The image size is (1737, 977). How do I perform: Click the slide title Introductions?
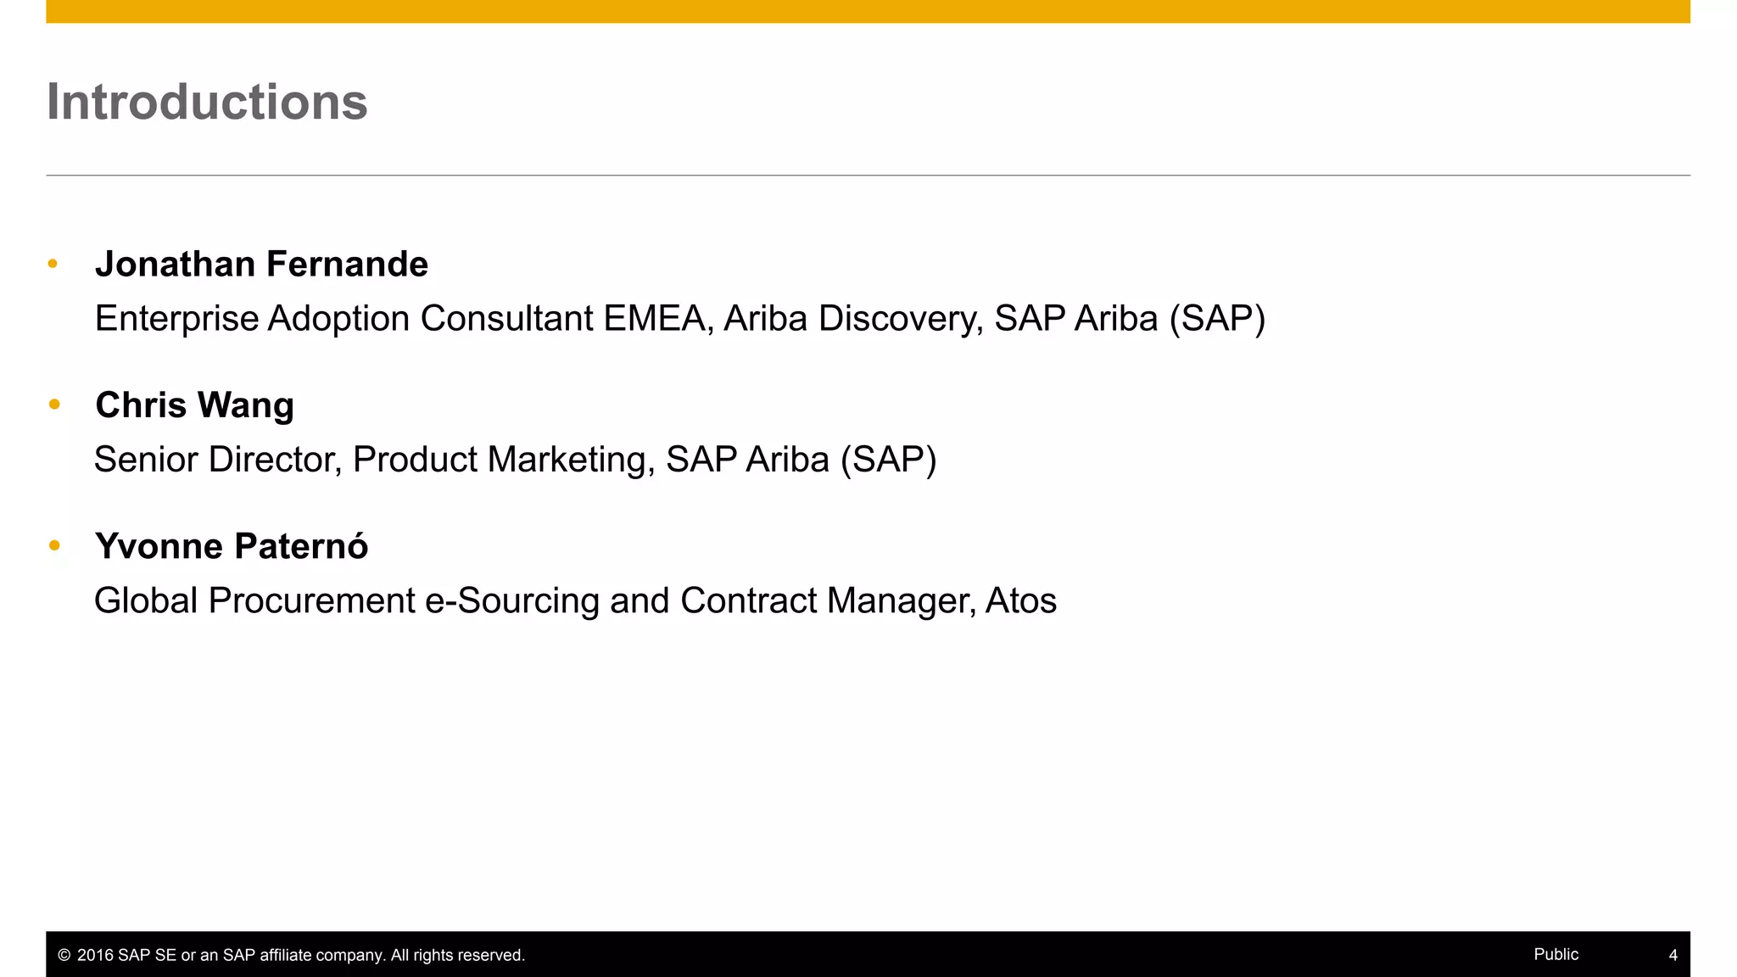pos(207,102)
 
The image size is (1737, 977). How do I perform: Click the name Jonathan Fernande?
pos(261,265)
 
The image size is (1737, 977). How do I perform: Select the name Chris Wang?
pos(194,405)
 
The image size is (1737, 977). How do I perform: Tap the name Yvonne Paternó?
pos(232,546)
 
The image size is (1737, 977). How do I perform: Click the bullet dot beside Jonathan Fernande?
pos(53,264)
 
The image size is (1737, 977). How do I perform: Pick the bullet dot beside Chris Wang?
pos(54,405)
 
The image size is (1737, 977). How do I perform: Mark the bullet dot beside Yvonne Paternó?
pos(54,545)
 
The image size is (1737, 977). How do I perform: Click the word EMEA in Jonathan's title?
pos(657,319)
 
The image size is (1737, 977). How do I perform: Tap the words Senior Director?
pos(217,460)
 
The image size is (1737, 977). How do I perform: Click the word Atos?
pos(1020,601)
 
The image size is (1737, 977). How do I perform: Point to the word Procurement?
pos(311,601)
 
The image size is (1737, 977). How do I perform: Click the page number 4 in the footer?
pos(1673,955)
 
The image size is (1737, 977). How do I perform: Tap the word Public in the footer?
pos(1555,954)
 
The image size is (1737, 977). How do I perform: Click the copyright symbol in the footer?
pos(64,956)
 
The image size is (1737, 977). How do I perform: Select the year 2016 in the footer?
pos(95,956)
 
